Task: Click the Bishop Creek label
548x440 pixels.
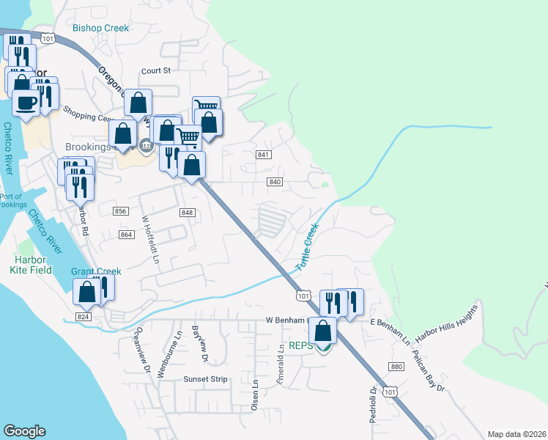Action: tap(100, 28)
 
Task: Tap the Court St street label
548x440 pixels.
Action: tap(155, 71)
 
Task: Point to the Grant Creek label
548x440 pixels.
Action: tap(95, 271)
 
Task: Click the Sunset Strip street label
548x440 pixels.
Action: tap(205, 379)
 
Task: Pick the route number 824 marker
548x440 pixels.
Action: tap(83, 316)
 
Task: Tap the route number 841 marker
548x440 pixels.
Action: tap(264, 155)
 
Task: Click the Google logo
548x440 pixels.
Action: tap(24, 431)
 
